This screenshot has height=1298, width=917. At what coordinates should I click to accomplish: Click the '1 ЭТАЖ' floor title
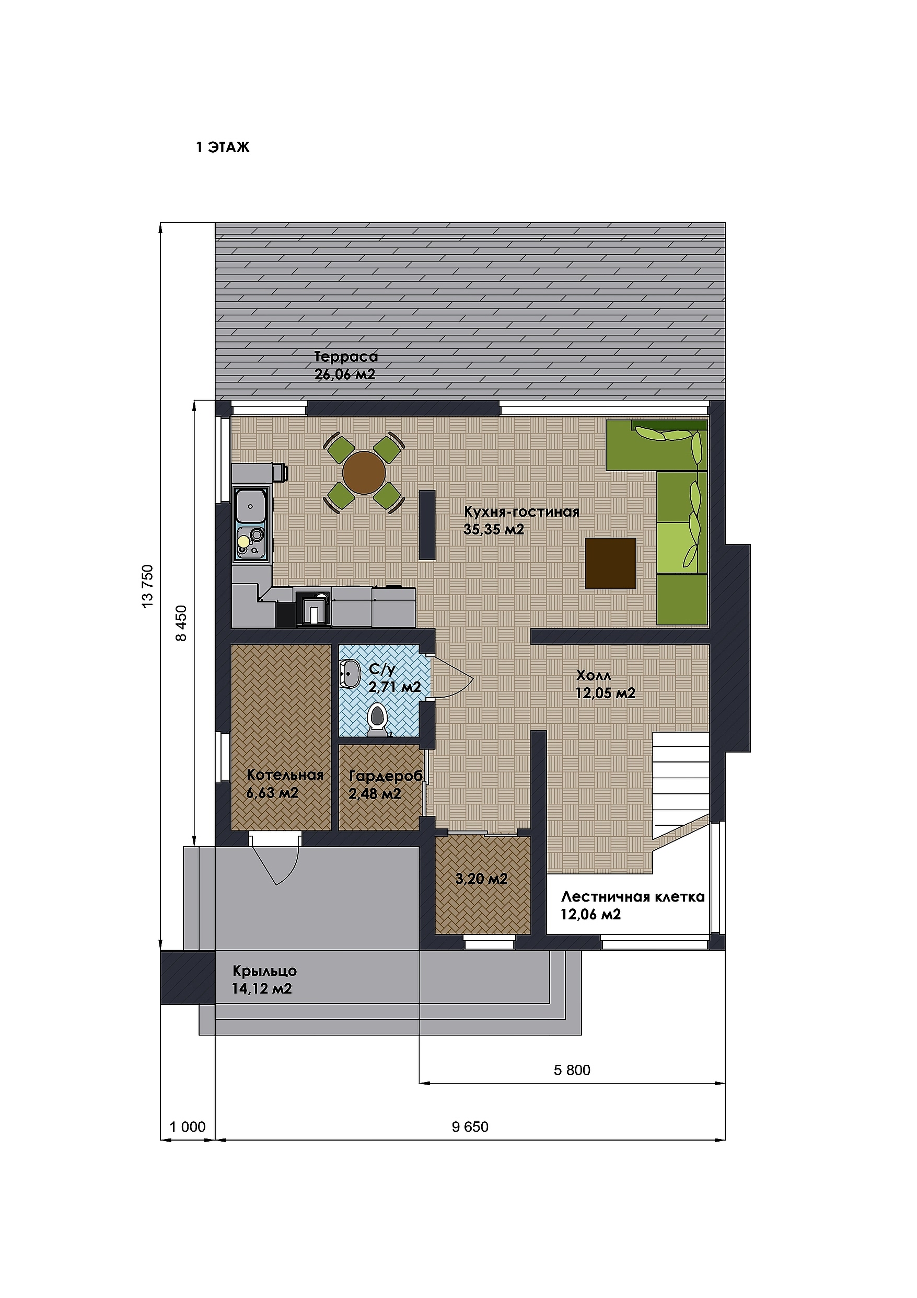223,147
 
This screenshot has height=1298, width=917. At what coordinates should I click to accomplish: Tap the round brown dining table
364,473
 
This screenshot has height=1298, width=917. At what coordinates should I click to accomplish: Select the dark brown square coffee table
611,563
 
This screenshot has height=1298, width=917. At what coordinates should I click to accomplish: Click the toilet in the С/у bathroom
377,720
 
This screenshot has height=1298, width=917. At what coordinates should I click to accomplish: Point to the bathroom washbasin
350,674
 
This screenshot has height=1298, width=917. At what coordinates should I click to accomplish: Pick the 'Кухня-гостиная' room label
521,512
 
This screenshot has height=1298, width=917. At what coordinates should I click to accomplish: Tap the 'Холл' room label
593,676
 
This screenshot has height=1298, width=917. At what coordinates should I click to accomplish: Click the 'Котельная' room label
285,775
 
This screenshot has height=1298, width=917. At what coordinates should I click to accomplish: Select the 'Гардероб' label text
386,777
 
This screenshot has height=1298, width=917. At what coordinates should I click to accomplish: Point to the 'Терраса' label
346,357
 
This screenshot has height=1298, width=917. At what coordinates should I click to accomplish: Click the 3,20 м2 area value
481,879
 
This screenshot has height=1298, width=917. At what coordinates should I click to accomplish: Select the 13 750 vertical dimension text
147,586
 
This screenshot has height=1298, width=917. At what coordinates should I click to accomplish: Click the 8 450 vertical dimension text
181,623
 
